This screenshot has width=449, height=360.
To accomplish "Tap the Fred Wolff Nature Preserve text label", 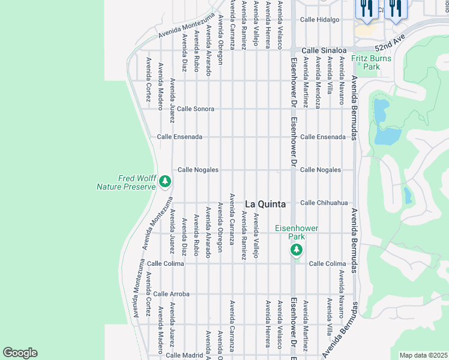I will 126,182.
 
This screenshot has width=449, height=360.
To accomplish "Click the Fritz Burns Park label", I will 371,62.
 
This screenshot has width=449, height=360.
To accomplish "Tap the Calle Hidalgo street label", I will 320,19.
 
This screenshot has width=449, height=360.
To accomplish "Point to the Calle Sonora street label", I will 195,109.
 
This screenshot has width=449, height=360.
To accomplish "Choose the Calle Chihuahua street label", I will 324,203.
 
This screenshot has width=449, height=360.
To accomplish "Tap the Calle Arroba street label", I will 171,294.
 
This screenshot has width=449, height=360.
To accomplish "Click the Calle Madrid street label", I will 184,355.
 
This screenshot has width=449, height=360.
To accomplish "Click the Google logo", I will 20,353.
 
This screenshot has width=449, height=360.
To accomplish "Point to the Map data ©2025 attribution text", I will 424,355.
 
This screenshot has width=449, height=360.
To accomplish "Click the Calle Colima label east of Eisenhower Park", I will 328,263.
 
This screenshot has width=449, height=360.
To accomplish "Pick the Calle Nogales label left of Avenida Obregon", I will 197,170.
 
